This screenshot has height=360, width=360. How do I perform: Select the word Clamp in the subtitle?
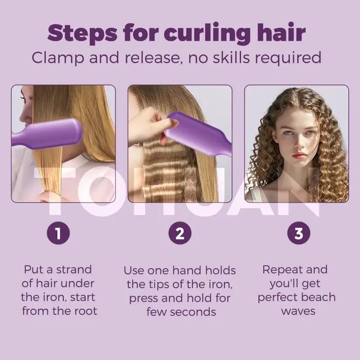58,58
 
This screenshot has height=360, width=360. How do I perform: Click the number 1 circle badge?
58,233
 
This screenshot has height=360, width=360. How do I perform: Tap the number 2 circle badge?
180,233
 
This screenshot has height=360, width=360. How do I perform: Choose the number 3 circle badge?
299,233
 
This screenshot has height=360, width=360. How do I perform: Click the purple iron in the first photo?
47,134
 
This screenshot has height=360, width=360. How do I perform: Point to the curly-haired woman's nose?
298,143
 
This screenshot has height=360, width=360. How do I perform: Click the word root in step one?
86,311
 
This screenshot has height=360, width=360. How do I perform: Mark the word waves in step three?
298,312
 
